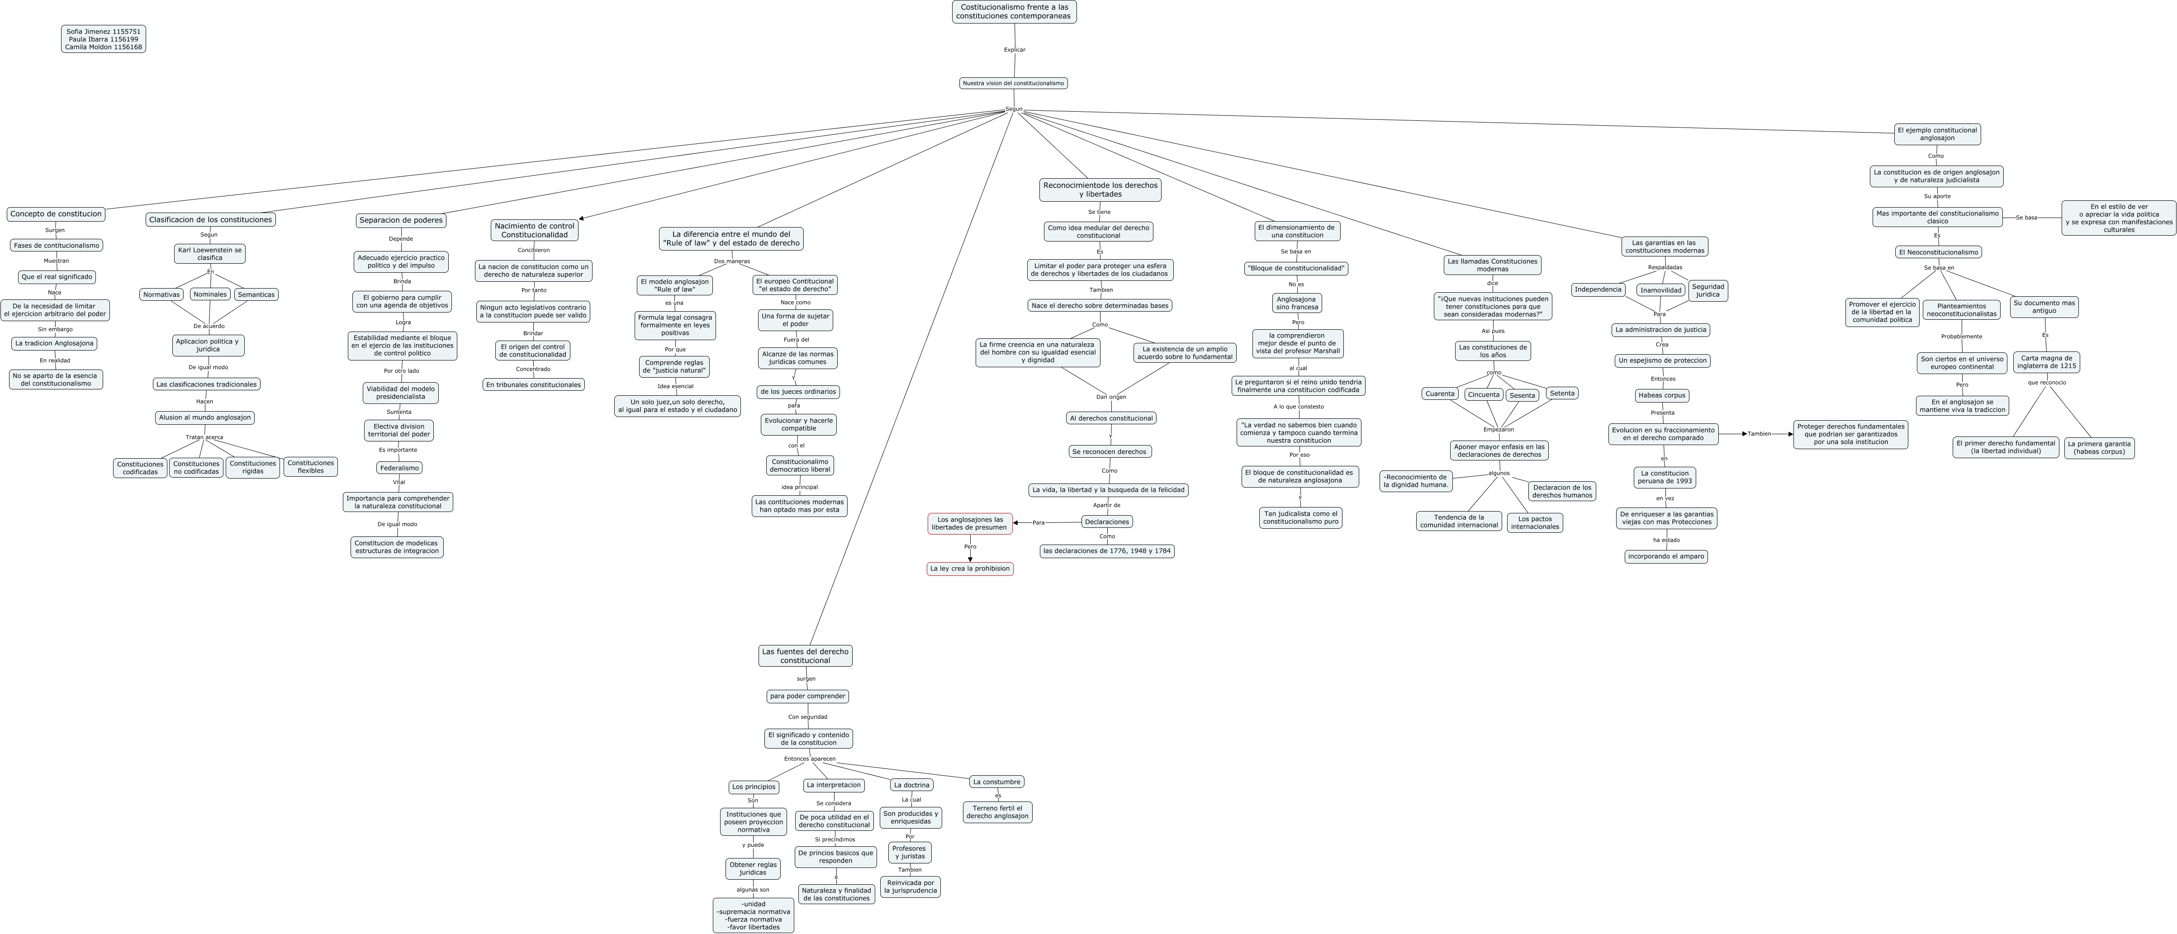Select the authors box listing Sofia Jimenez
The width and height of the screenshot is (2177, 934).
coord(103,39)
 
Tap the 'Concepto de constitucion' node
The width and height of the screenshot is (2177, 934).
coord(56,214)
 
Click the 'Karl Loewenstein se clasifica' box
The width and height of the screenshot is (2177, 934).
coord(209,254)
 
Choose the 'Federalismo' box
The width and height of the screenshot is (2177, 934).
coord(399,467)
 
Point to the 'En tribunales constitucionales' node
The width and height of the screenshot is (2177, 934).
coord(533,384)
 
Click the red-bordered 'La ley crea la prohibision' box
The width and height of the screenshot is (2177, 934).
coord(969,569)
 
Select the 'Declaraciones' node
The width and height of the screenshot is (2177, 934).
coord(1106,522)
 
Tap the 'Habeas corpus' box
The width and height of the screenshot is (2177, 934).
coord(1661,395)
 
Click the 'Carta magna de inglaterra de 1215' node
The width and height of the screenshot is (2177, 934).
coord(2046,362)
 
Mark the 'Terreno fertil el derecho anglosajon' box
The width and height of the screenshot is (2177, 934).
coord(997,812)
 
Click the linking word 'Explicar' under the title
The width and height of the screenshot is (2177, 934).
coord(1014,50)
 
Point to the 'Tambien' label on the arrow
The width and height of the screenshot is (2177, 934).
coord(1759,434)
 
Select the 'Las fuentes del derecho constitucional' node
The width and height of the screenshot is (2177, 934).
coord(805,656)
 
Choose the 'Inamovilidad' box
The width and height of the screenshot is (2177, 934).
coord(1660,290)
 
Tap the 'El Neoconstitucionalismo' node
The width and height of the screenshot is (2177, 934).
coord(1938,252)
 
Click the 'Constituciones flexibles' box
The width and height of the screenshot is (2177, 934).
coord(310,467)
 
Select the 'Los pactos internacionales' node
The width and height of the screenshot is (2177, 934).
coord(1535,523)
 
